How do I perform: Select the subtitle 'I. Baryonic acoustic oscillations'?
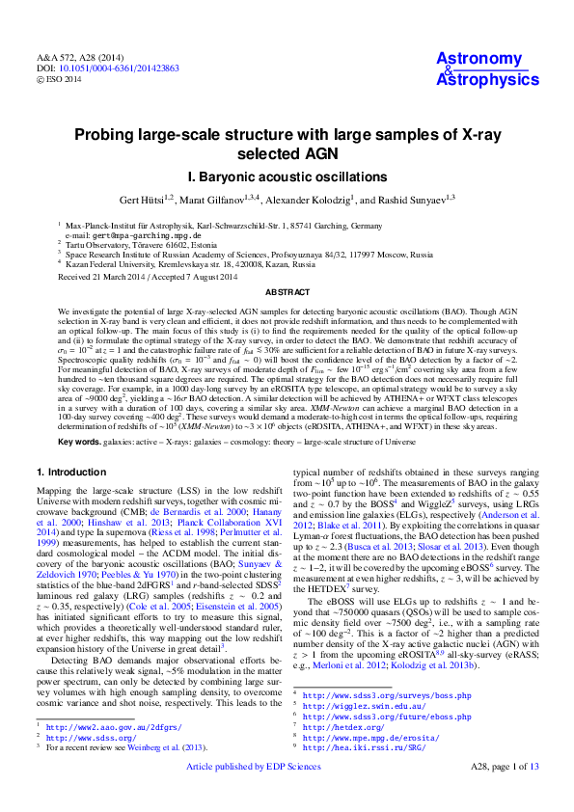(287, 177)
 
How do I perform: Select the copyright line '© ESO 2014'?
(58, 80)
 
